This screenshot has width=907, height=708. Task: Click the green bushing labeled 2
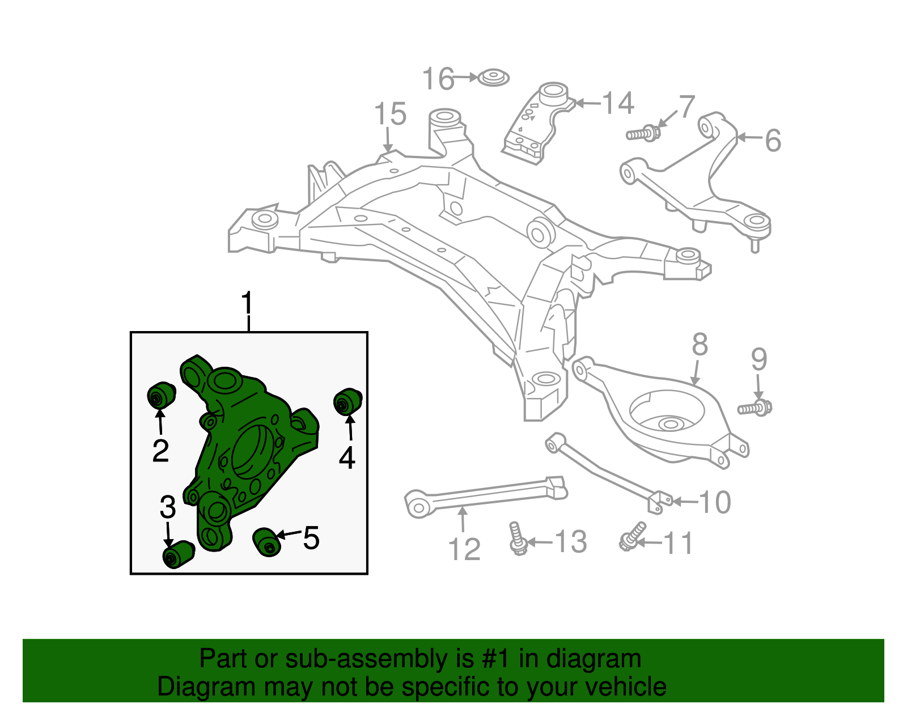point(161,395)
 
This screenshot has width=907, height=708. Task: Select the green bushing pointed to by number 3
point(177,554)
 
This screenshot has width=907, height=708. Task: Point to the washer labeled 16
point(493,78)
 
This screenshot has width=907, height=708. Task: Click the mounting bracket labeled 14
point(536,125)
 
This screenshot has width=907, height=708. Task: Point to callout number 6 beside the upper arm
point(773,140)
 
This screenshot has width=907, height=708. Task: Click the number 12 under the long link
point(464,549)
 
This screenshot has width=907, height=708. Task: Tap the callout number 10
point(715,502)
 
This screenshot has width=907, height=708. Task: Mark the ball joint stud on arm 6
point(755,244)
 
